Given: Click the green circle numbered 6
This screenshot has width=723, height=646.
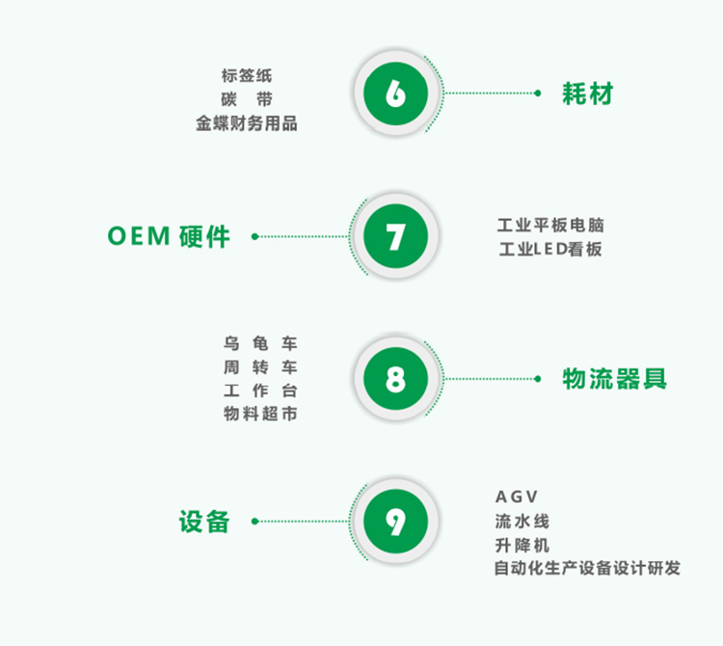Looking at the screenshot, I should pyautogui.click(x=395, y=94).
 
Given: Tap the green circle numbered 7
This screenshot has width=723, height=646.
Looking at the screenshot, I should pyautogui.click(x=395, y=236).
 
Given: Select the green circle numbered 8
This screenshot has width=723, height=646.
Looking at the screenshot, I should pyautogui.click(x=395, y=379).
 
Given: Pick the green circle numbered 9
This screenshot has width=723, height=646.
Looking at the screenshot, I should pyautogui.click(x=395, y=522).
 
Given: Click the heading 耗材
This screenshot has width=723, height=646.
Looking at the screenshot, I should pyautogui.click(x=587, y=94).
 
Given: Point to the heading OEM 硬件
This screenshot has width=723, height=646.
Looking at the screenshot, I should pyautogui.click(x=169, y=236).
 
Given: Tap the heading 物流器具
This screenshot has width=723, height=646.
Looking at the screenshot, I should pyautogui.click(x=614, y=379).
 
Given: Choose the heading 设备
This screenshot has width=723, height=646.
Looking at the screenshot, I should pyautogui.click(x=204, y=522).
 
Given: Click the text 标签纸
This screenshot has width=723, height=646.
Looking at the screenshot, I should pyautogui.click(x=246, y=75).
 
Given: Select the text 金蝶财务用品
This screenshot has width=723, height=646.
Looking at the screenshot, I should pyautogui.click(x=246, y=123).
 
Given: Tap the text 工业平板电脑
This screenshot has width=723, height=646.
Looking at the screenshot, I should pyautogui.click(x=550, y=226).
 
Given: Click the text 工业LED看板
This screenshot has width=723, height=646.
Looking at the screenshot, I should pyautogui.click(x=550, y=250).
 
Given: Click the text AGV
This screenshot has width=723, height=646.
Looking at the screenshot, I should pyautogui.click(x=517, y=497).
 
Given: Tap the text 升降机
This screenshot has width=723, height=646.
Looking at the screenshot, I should pyautogui.click(x=522, y=545).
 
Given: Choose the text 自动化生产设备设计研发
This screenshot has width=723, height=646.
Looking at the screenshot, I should pyautogui.click(x=586, y=569).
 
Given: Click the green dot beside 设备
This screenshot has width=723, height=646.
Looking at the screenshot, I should pyautogui.click(x=254, y=522).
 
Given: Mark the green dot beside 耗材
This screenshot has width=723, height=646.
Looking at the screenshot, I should pyautogui.click(x=537, y=94).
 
